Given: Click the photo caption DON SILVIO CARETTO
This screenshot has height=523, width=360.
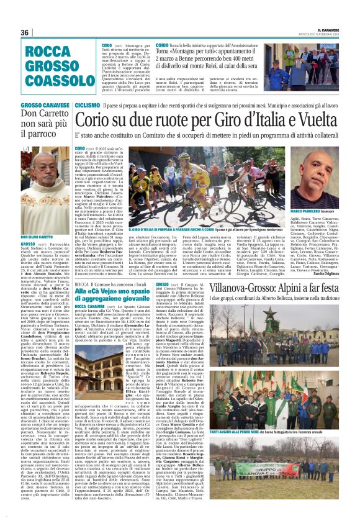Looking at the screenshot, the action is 37,237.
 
